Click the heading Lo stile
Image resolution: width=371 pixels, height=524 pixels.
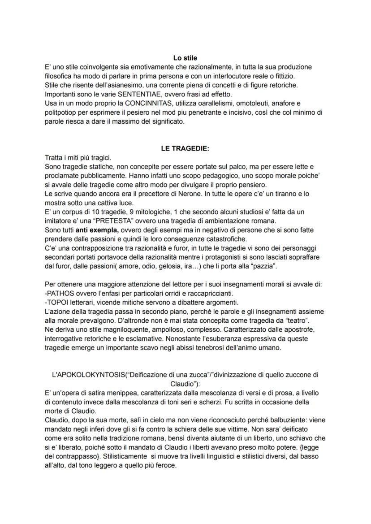185,58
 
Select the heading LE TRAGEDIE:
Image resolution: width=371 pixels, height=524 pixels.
185,149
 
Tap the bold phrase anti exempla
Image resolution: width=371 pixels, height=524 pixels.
97,230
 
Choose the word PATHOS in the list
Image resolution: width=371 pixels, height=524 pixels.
61,293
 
